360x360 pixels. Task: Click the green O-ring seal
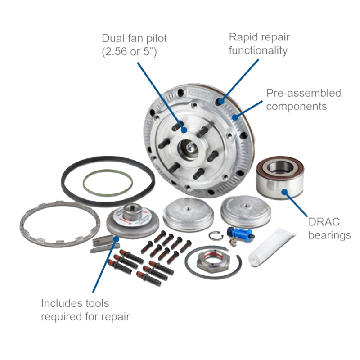point(84,184)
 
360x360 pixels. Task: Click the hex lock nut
point(213,262)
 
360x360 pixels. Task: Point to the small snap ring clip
point(210,236)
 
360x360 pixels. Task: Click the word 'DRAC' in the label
point(324,222)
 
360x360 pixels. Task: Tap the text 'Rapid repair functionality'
point(259,44)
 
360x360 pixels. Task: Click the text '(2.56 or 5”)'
point(129,51)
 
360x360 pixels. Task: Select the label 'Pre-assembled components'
point(303,99)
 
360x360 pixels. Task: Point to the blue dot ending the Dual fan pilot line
point(184,130)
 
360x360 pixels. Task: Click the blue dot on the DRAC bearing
point(285,192)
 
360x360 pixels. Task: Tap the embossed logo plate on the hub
point(200,94)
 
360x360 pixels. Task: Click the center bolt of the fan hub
point(190,147)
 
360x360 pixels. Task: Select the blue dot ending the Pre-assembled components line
point(234,117)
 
